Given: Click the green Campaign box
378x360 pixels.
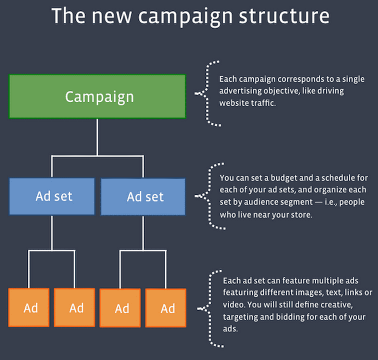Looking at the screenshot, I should [97, 96].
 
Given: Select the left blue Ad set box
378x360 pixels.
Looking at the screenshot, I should [52, 196].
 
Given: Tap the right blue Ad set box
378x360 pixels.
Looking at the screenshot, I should [143, 197].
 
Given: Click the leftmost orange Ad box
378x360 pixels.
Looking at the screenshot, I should [29, 307].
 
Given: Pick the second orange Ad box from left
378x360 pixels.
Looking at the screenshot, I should [75, 307].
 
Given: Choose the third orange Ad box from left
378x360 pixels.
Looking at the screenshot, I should [120, 308].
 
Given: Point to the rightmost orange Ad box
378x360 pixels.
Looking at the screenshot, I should [166, 308].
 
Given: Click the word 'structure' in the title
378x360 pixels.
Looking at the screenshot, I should [284, 16].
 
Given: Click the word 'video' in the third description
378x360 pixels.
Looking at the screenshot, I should [233, 305].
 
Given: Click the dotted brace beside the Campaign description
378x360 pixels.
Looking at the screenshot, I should [208, 93].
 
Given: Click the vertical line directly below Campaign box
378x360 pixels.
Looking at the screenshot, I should [97, 136].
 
